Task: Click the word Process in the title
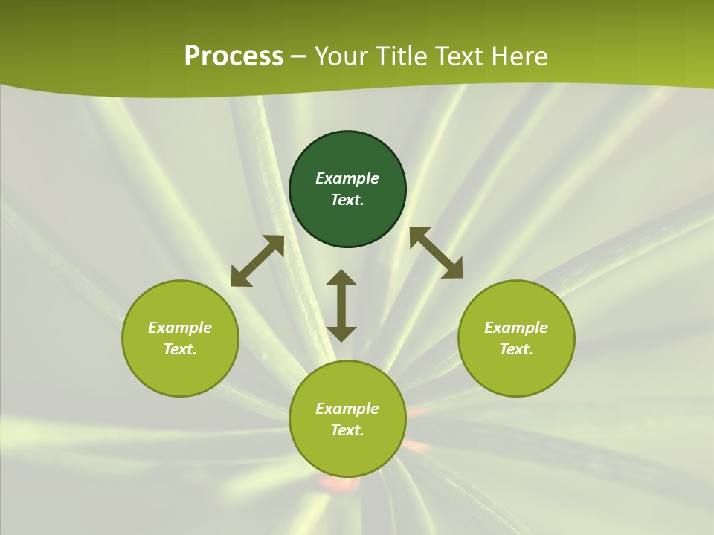234,56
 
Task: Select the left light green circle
180,372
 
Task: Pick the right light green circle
516,372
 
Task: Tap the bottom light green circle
347,453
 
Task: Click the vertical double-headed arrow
341,305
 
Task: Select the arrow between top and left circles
257,261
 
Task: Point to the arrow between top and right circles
436,253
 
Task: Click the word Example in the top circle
347,178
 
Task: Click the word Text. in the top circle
347,200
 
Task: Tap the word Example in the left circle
180,328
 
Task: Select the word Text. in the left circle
180,349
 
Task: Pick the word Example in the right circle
516,328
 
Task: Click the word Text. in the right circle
516,349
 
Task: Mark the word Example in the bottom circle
347,409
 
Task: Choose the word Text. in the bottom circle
347,430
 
